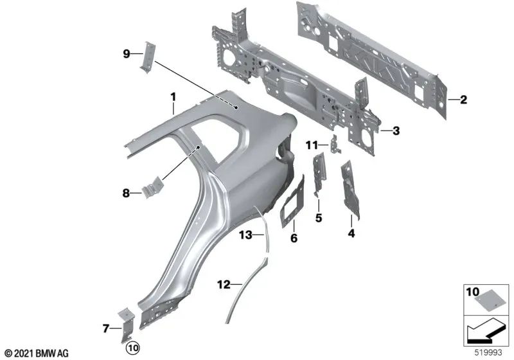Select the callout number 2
(463, 99)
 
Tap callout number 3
(396, 130)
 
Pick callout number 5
(318, 217)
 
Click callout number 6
(294, 238)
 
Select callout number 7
(106, 329)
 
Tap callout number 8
(127, 192)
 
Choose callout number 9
(127, 53)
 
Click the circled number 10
(133, 348)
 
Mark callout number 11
(312, 146)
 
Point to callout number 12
(223, 283)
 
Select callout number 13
(247, 235)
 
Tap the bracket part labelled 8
(152, 189)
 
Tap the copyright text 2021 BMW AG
(36, 353)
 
